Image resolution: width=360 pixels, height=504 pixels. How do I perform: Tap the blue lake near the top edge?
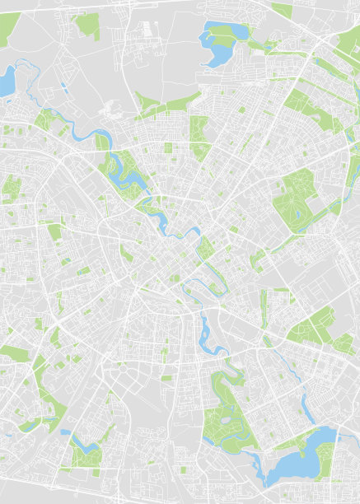click(x=216, y=51)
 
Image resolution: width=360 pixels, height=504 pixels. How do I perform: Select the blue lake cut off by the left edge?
click(x=7, y=81)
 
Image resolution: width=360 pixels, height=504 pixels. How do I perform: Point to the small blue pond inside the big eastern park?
click(x=297, y=216)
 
